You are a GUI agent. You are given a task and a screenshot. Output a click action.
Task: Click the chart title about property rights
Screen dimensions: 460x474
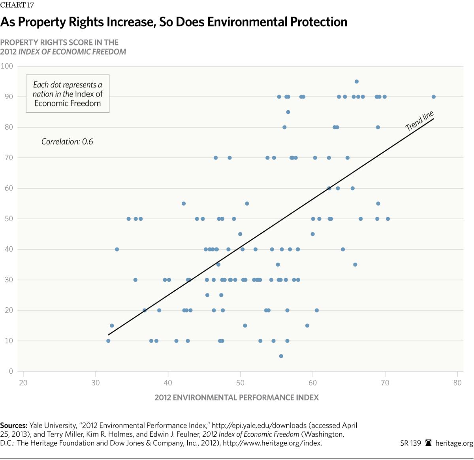click(174, 22)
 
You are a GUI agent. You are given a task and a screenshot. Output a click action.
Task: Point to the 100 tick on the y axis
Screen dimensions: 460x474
click(7, 66)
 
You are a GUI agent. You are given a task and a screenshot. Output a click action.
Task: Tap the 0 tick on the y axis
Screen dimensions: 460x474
click(11, 371)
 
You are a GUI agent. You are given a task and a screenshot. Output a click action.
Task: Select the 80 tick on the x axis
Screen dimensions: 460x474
click(457, 383)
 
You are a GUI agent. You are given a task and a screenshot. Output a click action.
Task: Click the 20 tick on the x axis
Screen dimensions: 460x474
click(23, 383)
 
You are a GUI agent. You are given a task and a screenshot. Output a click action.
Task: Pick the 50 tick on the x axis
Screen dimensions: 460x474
click(240, 383)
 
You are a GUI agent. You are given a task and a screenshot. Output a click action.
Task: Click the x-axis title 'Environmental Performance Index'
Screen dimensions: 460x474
click(237, 398)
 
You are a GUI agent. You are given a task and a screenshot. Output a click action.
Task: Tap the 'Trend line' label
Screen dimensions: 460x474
click(419, 121)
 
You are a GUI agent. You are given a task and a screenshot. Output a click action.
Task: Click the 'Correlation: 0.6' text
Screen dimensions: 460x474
click(67, 142)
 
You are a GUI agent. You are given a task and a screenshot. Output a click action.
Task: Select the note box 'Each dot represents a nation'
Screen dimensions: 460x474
click(68, 94)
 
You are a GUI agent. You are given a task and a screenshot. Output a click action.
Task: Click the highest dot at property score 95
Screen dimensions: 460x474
click(356, 81)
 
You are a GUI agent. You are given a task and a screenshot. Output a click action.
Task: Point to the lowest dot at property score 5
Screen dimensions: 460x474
click(281, 356)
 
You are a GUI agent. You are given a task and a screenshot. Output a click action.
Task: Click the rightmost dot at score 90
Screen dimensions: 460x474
click(433, 97)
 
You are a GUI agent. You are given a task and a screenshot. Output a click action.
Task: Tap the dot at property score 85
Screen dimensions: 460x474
click(288, 112)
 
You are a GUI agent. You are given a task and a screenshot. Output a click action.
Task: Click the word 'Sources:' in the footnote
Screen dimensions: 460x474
click(14, 426)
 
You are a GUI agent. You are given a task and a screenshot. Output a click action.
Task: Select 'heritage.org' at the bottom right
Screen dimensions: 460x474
click(454, 443)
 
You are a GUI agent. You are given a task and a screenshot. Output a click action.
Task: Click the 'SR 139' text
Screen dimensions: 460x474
click(410, 443)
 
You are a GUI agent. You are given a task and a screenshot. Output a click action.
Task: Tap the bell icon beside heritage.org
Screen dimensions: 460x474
click(428, 443)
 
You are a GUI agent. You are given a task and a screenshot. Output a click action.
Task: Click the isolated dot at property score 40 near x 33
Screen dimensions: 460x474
click(117, 249)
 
